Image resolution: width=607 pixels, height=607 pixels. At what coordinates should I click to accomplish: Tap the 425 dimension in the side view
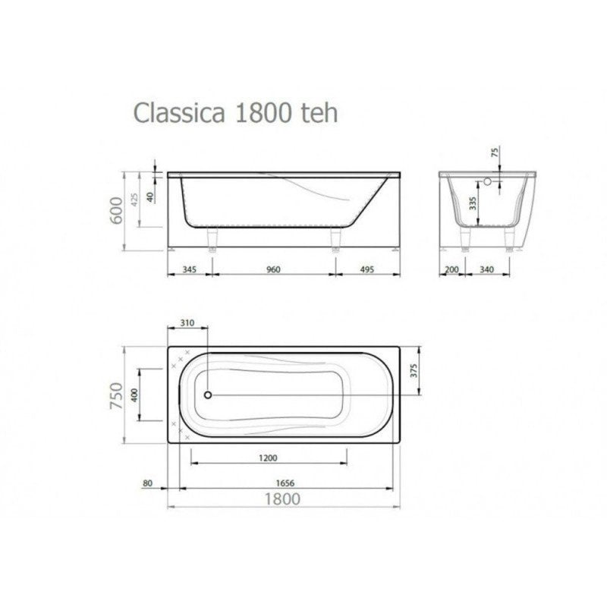[x=134, y=200]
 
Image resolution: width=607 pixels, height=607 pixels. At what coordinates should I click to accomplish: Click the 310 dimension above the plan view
[x=188, y=322]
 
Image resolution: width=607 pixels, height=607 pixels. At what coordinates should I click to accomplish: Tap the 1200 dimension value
[x=268, y=458]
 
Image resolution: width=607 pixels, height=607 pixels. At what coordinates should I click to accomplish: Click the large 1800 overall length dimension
[x=282, y=498]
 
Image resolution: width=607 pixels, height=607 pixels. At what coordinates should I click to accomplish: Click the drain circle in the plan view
[x=208, y=395]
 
